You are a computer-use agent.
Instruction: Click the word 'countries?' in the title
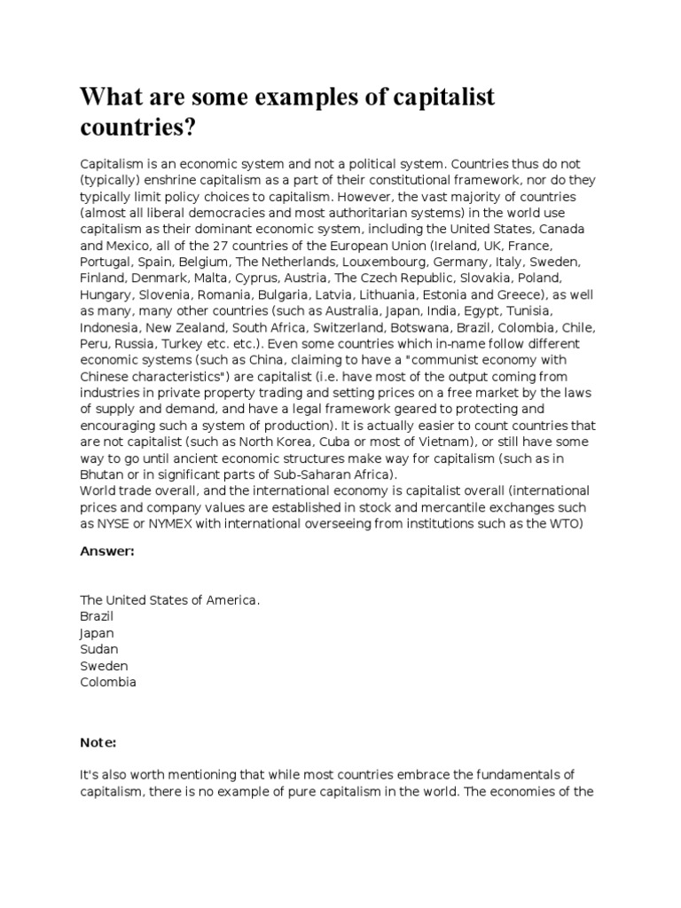click(137, 127)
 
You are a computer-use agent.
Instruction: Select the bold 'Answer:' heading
click(107, 551)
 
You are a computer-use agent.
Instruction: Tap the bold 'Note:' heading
click(98, 716)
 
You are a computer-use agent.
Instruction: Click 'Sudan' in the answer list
click(99, 649)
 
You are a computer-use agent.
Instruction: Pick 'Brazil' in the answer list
click(98, 616)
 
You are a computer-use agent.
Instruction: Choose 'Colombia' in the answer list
click(108, 682)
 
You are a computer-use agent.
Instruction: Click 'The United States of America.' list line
click(170, 600)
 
